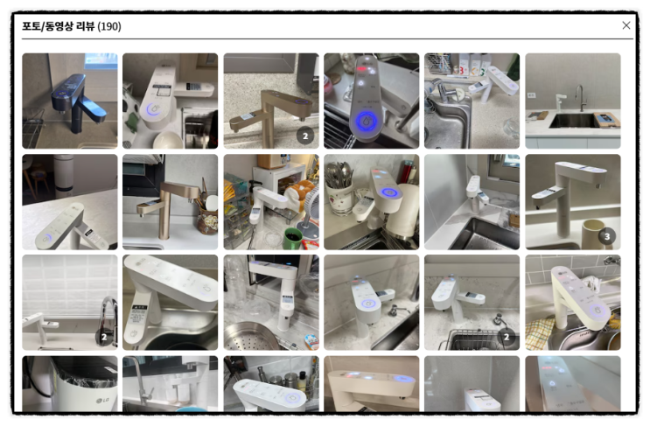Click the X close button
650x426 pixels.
pos(626,25)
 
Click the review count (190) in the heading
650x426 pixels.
pos(109,26)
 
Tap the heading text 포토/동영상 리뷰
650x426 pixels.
pos(58,26)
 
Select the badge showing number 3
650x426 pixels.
pos(607,236)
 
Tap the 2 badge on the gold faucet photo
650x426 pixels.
pos(305,136)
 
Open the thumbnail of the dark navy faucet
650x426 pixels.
pos(70,101)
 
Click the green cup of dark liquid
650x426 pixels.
pos(293,238)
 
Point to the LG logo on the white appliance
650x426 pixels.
pos(101,401)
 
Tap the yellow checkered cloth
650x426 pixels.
pos(539,332)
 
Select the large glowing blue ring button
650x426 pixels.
pos(367,122)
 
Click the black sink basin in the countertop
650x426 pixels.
pos(574,121)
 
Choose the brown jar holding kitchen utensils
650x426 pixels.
pos(207,221)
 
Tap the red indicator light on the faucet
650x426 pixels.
pos(361,69)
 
